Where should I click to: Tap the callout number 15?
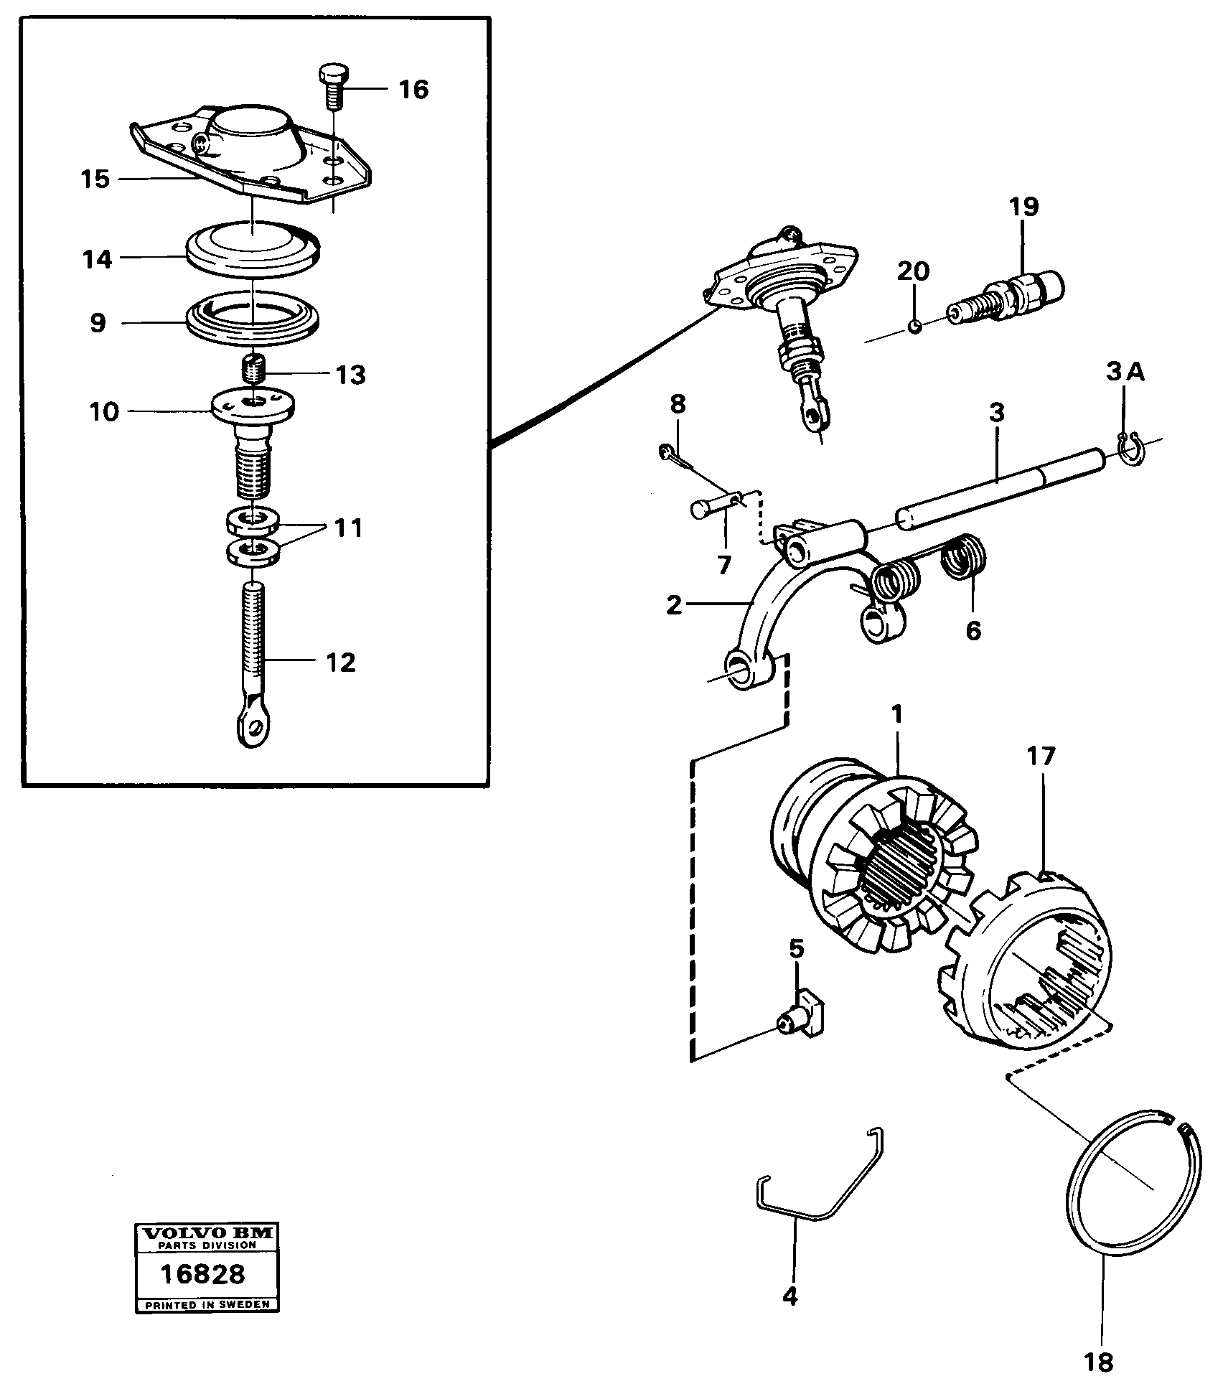click(95, 179)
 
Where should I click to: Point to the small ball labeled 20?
click(914, 327)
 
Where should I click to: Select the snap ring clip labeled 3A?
click(1130, 454)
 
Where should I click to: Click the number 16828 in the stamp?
click(202, 1274)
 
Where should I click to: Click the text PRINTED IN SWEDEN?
click(207, 1304)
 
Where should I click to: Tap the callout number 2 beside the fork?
click(674, 605)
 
